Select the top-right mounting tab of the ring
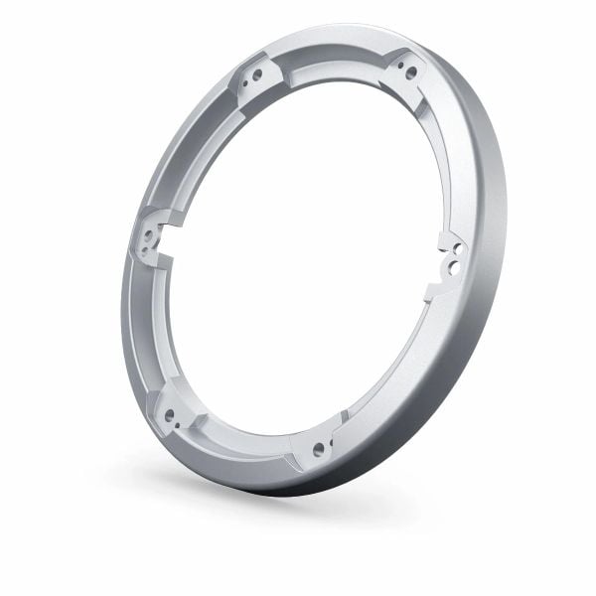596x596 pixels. coord(405,70)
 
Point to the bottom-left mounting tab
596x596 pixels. coord(171,415)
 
